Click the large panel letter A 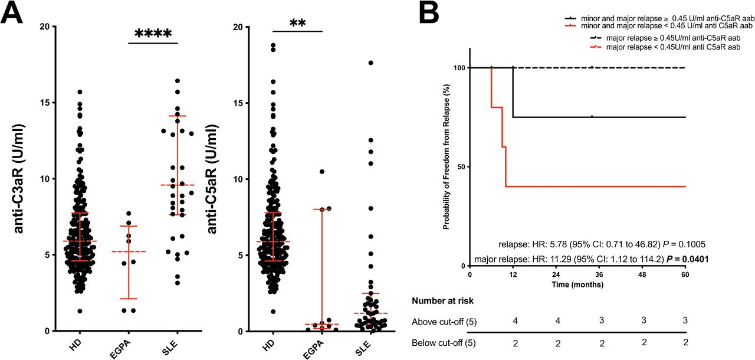(12, 14)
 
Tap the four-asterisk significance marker (153, 34)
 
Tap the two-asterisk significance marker (298, 24)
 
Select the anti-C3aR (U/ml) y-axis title (18, 178)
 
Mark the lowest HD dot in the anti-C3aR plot (80, 311)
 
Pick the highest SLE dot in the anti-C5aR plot (371, 63)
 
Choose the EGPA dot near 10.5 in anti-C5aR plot (322, 171)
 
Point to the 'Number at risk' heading (442, 301)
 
